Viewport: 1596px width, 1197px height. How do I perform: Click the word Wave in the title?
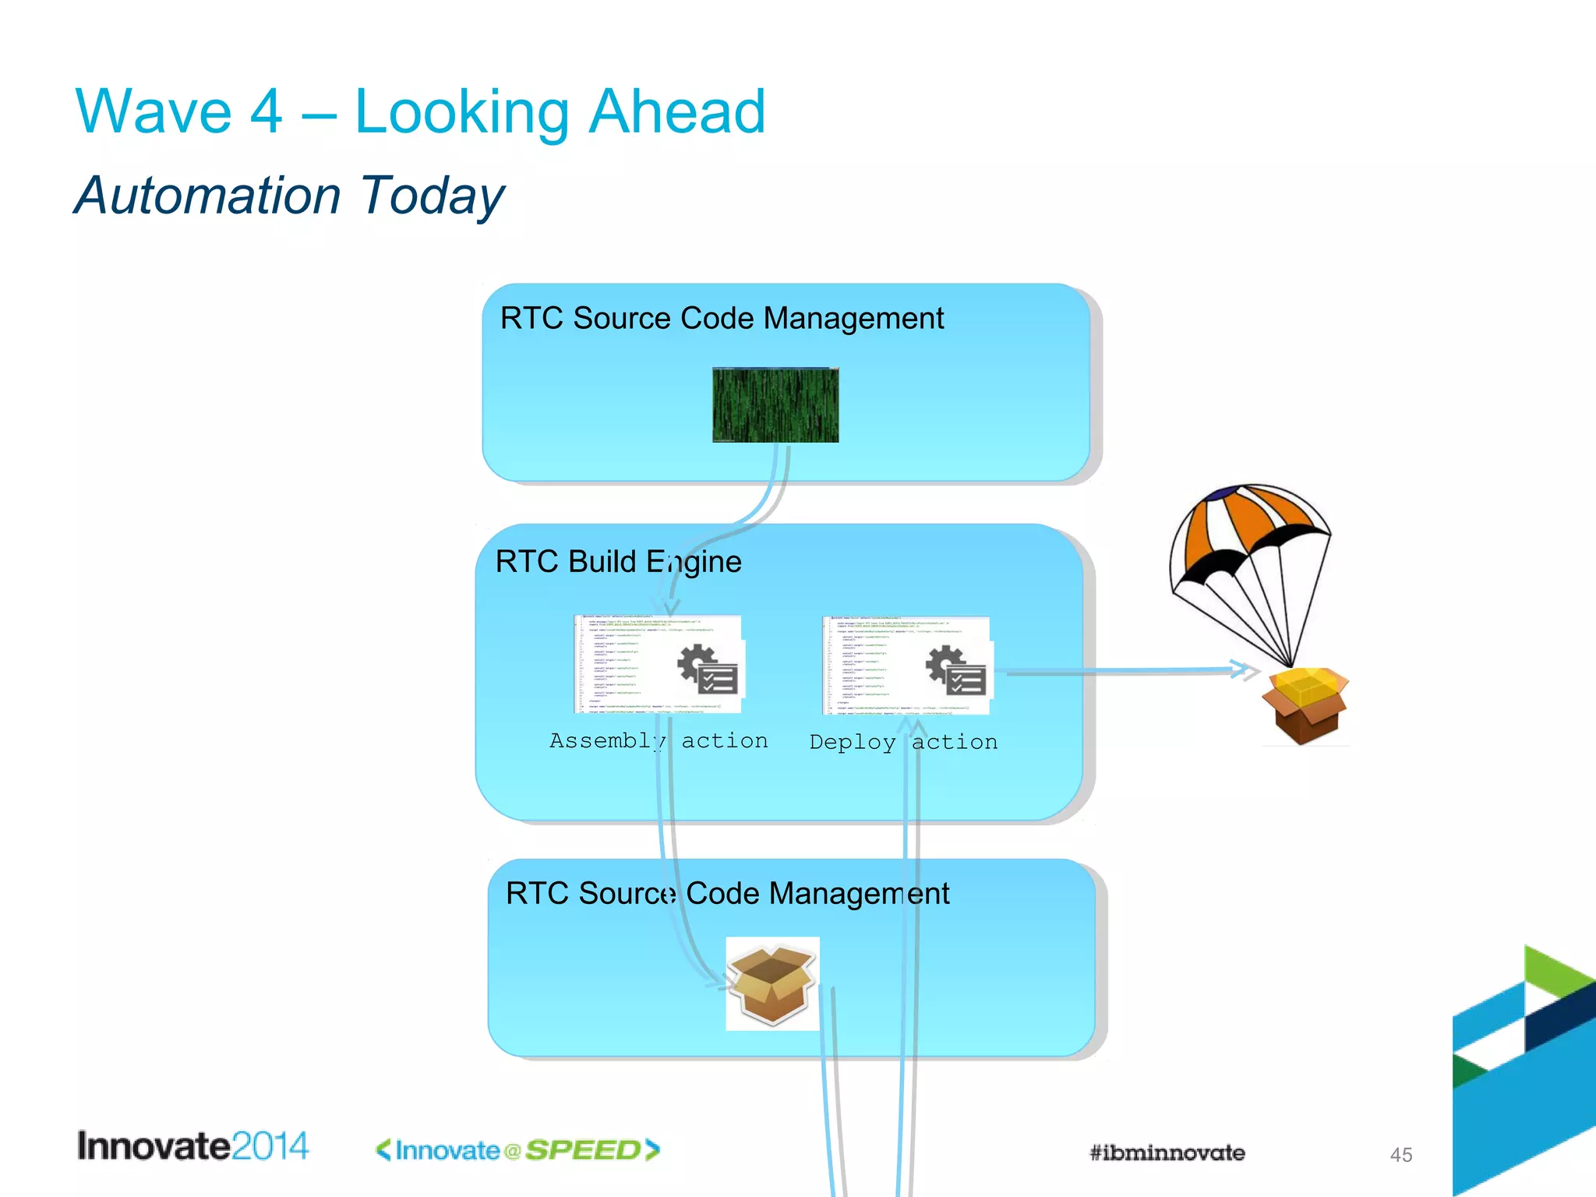[154, 112]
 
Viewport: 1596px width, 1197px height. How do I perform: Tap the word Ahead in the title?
[676, 112]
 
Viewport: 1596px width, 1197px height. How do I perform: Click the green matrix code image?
[775, 405]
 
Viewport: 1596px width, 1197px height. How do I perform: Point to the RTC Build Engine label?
[618, 562]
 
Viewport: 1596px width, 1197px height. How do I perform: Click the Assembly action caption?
[659, 741]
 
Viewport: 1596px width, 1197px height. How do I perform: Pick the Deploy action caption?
[903, 743]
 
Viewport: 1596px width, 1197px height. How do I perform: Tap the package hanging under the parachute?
[1306, 705]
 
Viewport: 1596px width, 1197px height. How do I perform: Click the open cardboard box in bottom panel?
[772, 983]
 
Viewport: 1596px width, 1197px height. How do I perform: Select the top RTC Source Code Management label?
[722, 319]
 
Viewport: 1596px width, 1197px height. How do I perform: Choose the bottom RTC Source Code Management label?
[727, 894]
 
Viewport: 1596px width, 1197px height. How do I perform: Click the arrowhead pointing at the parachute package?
[1243, 669]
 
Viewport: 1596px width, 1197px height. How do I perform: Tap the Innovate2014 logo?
[192, 1147]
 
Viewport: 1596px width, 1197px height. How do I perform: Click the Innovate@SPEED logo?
[517, 1150]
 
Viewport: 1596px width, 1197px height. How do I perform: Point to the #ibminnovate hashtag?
[1167, 1153]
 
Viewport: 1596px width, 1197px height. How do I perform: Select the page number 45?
[1400, 1155]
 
